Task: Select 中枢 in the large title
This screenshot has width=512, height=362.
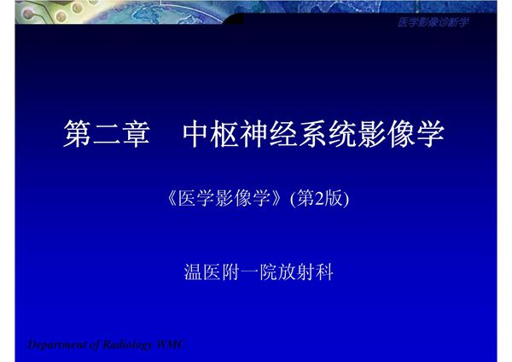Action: (212, 135)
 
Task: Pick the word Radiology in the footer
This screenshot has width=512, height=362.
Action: (126, 345)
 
